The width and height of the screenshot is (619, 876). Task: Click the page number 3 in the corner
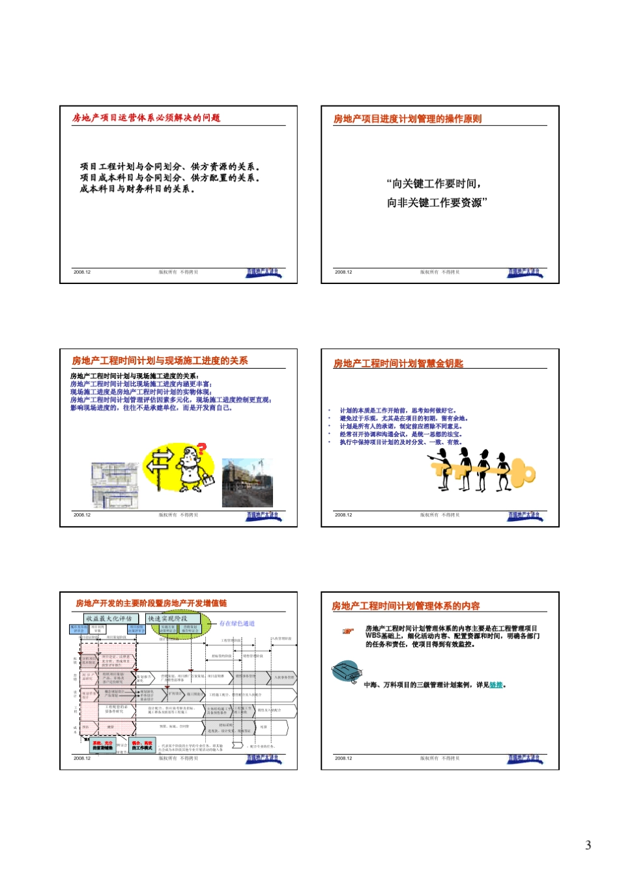coord(588,845)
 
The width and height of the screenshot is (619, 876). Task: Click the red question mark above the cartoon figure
coord(201,449)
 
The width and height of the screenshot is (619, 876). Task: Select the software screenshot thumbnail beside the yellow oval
coord(115,485)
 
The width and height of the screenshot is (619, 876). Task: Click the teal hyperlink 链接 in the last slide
coord(496,685)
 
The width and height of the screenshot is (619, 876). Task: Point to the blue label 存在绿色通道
coord(237,623)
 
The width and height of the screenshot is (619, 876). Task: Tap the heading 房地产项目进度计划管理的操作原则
coord(407,119)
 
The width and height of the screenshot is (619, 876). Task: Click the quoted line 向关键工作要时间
coord(433,184)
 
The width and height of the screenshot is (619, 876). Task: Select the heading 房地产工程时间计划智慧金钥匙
coord(398,363)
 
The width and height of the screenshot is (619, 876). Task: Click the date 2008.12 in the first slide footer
coord(82,272)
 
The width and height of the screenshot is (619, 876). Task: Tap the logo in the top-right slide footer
coord(525,273)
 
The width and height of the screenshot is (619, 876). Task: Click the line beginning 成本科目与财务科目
coord(137,189)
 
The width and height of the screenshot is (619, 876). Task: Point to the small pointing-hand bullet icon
coord(349,630)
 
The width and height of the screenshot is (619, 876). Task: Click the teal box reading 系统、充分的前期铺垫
coord(103,745)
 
